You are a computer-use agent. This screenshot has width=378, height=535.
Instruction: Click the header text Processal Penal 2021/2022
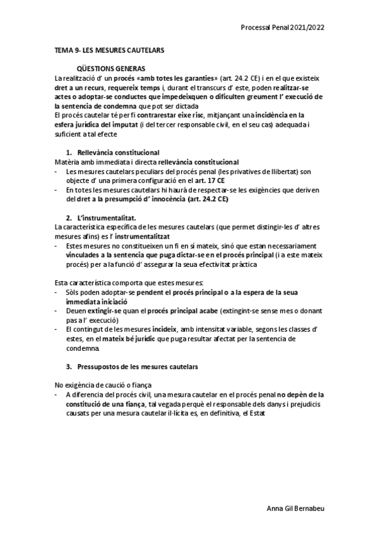[x=283, y=28]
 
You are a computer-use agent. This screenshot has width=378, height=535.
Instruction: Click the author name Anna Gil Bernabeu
[x=297, y=508]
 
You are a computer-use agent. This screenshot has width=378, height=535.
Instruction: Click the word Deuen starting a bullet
[x=76, y=312]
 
